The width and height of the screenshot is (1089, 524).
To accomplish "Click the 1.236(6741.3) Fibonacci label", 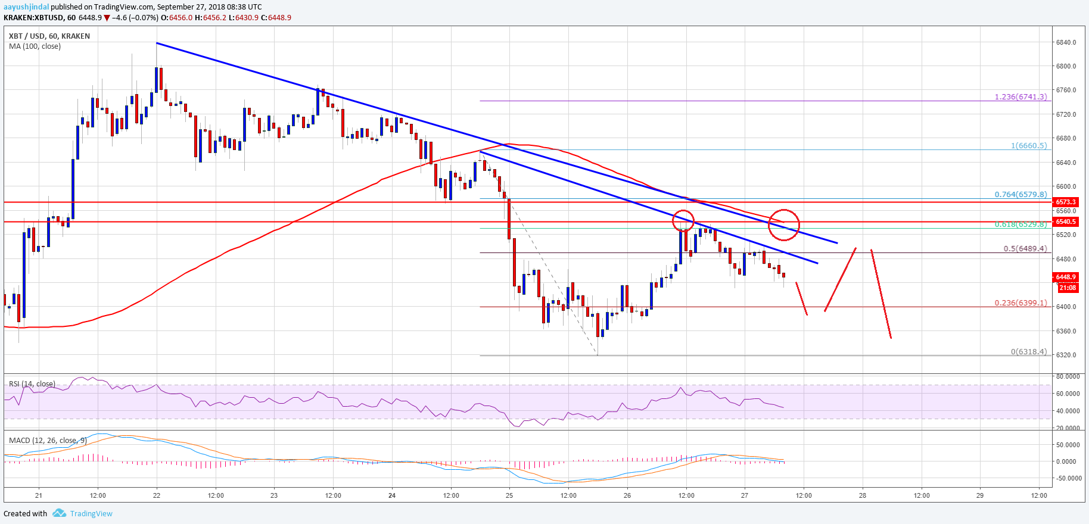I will point(1020,96).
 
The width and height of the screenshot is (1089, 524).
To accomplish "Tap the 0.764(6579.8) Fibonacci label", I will point(1020,194).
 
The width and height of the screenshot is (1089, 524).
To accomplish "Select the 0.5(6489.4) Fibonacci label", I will point(1025,248).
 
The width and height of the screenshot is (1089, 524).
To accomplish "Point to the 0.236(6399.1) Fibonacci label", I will point(1020,302).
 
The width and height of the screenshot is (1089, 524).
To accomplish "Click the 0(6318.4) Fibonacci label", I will point(1028,351).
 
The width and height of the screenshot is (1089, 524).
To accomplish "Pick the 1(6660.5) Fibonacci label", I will point(1028,145).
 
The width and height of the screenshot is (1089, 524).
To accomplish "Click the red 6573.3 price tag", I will point(1066,202).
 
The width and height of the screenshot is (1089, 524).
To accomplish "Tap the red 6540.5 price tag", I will point(1066,222).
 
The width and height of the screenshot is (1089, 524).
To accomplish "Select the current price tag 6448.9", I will point(1066,277).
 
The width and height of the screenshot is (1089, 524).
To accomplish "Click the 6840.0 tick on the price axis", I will point(1066,42).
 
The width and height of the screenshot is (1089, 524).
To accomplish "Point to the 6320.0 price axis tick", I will point(1066,355).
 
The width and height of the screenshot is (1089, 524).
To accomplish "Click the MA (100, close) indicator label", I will point(35,46).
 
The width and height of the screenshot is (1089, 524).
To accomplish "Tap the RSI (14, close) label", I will point(32,384).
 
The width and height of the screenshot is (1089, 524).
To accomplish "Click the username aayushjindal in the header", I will point(26,7).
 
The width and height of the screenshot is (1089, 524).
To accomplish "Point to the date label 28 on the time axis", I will point(862,495).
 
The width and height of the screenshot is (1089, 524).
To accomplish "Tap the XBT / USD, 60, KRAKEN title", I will point(49,36).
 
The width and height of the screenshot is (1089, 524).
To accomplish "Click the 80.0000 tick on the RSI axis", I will point(1068,376).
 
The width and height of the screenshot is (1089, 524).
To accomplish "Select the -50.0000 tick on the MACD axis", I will point(1067,478).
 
